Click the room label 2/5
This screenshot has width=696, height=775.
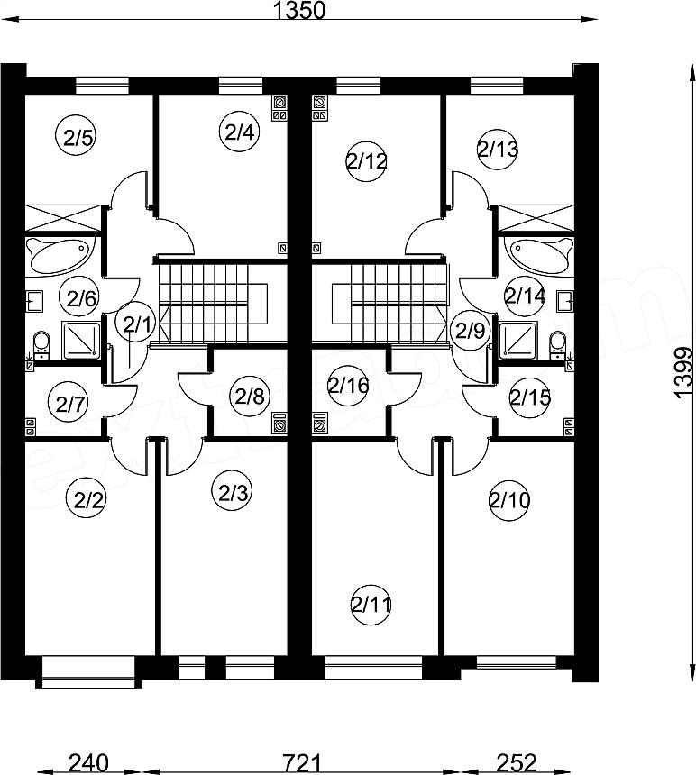[79, 138]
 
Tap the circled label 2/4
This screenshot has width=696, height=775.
[239, 132]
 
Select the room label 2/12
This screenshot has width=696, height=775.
[367, 161]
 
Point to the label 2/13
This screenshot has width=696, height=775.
[498, 149]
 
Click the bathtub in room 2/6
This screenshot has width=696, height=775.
[60, 255]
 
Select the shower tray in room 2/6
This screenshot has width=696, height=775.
[81, 341]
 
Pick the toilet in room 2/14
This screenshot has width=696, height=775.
[557, 344]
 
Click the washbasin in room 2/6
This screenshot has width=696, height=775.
[34, 300]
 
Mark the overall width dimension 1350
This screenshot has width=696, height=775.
[299, 11]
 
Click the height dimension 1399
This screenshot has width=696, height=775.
[684, 371]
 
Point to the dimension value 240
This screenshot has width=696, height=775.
[88, 762]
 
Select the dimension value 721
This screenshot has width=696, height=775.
[302, 762]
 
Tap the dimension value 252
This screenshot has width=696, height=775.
[516, 762]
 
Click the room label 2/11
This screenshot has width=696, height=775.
[371, 605]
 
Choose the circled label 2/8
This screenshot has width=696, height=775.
[250, 397]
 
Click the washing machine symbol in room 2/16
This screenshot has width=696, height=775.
[320, 423]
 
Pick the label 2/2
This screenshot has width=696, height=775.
[87, 500]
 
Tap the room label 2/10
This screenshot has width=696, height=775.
[509, 500]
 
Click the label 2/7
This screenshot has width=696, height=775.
[69, 405]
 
